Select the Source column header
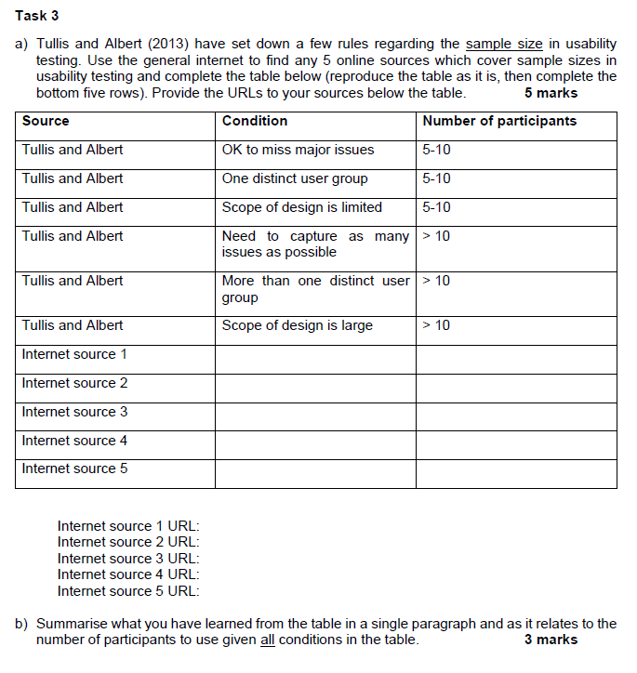(x=46, y=121)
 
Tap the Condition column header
(x=255, y=121)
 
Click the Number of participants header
(x=498, y=121)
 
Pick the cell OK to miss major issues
(x=298, y=150)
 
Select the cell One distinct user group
(x=295, y=178)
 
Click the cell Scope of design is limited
(x=301, y=207)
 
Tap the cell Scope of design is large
(x=297, y=325)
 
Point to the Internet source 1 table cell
(x=74, y=354)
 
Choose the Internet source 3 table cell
(x=74, y=412)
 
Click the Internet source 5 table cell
(x=74, y=468)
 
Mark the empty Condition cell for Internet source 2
(x=315, y=388)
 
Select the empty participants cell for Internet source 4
(x=516, y=444)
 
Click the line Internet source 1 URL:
(x=128, y=526)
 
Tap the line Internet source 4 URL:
(x=128, y=574)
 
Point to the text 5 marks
(x=551, y=93)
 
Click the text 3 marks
(x=551, y=640)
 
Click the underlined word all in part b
(x=268, y=640)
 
